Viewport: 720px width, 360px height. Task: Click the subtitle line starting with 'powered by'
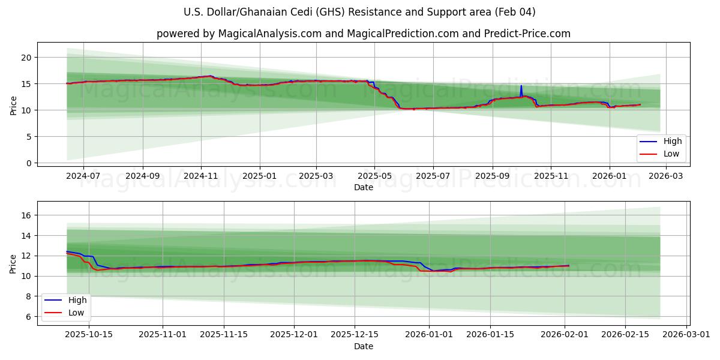coord(363,34)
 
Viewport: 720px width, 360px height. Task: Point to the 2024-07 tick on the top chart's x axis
coord(83,176)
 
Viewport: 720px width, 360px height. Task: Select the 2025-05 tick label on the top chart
coord(374,176)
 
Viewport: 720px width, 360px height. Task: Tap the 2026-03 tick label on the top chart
coord(665,176)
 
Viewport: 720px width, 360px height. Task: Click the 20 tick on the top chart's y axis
coord(25,58)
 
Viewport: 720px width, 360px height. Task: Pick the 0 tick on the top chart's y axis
coord(28,163)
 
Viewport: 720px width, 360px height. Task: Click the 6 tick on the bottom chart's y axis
coord(28,317)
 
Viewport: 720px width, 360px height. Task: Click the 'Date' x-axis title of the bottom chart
coord(363,347)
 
